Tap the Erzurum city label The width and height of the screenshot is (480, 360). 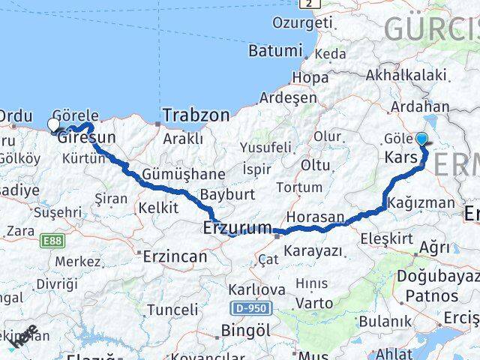[x=237, y=227]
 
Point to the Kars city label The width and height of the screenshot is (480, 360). [x=400, y=158]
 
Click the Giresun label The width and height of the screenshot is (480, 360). [x=87, y=137]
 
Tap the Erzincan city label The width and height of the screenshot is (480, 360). [x=175, y=256]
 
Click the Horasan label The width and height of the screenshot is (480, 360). [x=314, y=216]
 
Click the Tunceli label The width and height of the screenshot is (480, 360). [x=172, y=310]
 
